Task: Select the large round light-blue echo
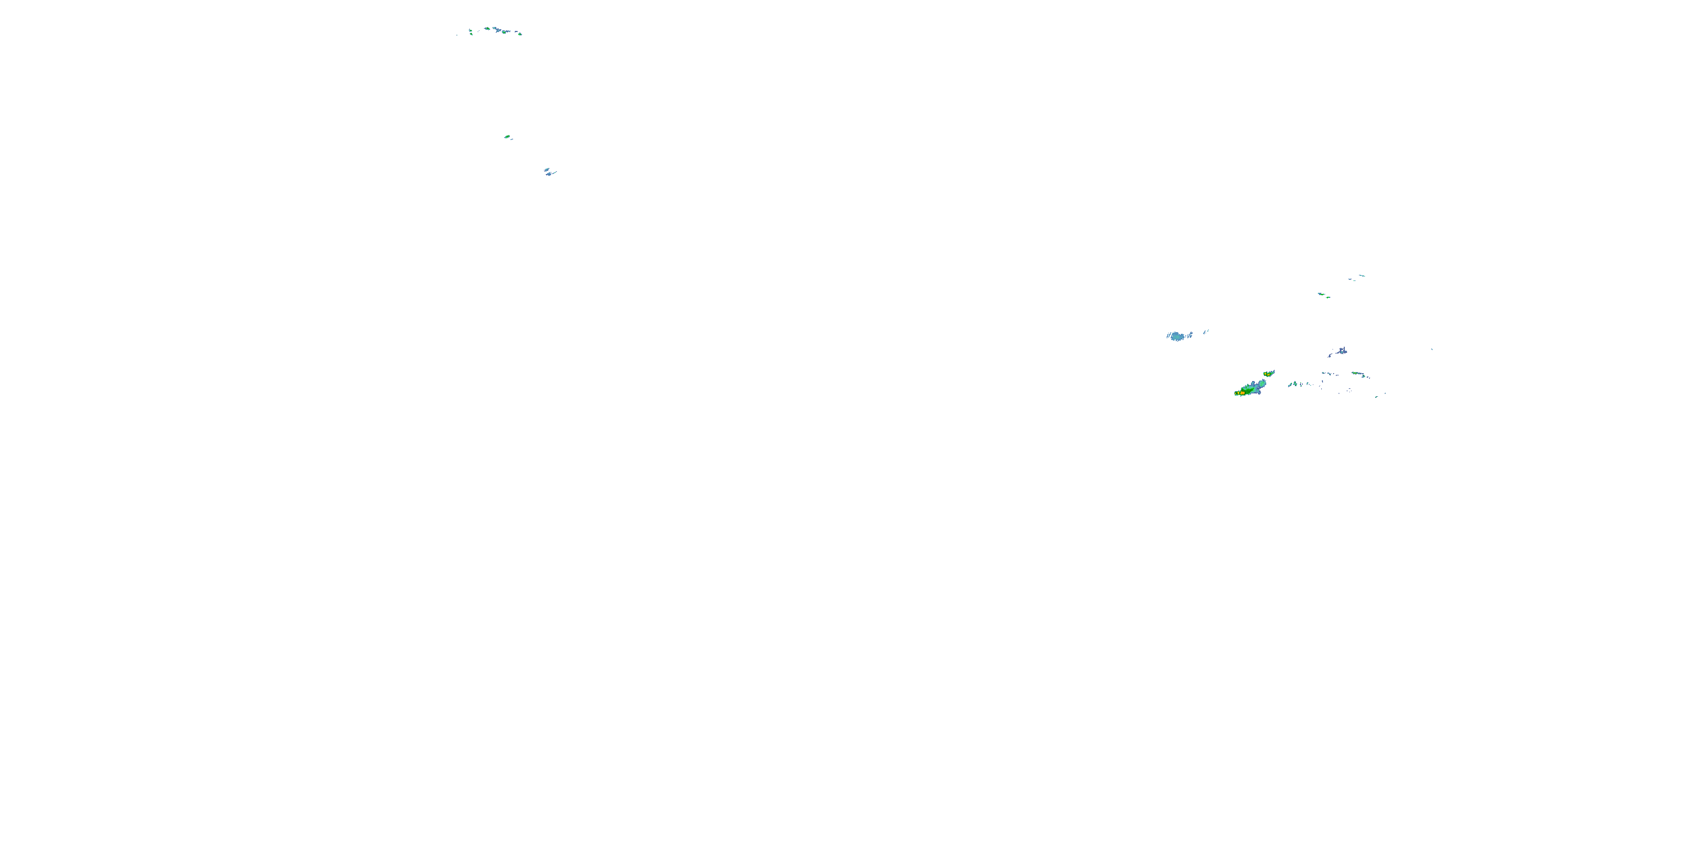1177,337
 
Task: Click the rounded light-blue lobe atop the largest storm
1263,383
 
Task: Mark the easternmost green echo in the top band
520,35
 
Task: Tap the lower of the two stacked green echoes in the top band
472,34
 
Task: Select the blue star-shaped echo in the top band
498,31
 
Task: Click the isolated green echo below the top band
507,137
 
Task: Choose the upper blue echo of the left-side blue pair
547,170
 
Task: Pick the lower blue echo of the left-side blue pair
549,174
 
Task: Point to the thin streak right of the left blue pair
555,173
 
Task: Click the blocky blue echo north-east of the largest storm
1343,351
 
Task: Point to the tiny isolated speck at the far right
1432,350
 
